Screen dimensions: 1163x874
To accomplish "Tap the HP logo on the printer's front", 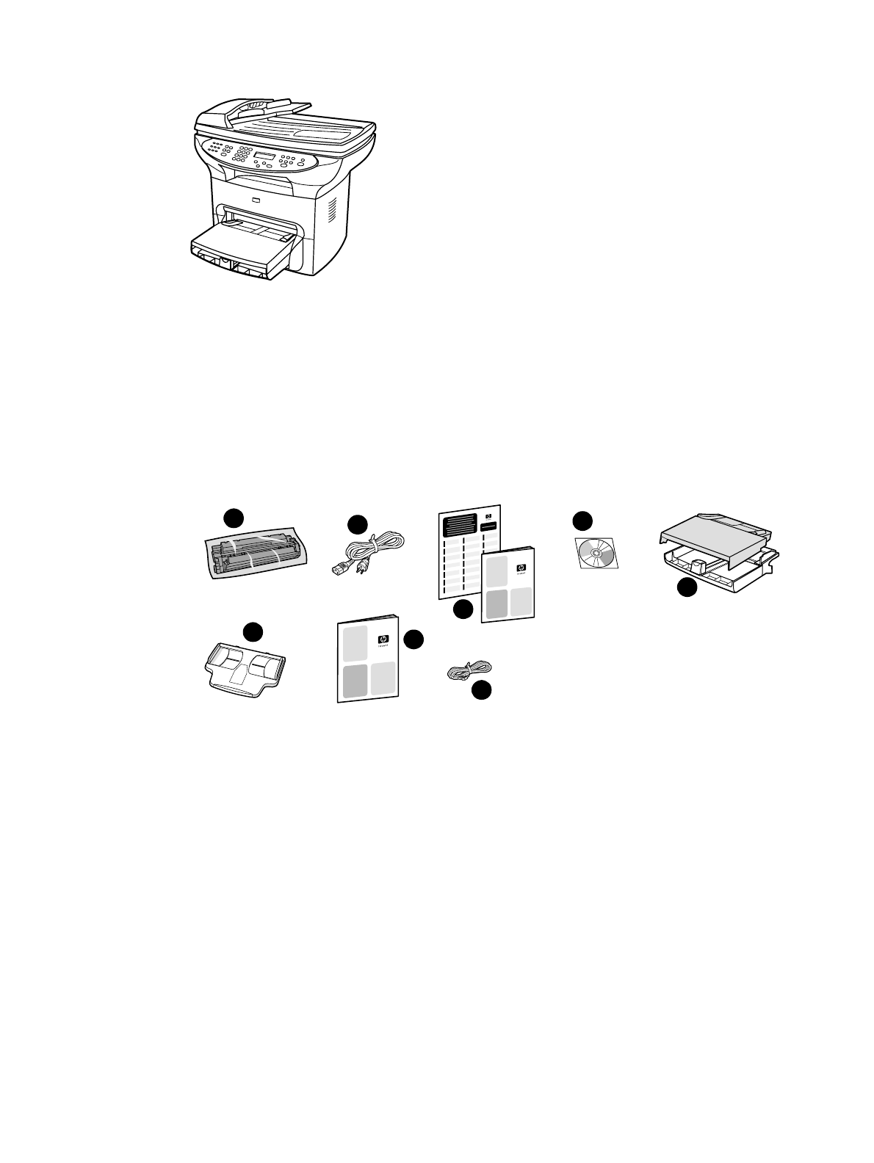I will (x=256, y=200).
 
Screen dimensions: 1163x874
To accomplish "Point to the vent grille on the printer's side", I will (x=331, y=209).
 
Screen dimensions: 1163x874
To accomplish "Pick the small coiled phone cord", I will (x=469, y=670).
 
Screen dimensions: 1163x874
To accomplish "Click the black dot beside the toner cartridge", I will (x=234, y=516).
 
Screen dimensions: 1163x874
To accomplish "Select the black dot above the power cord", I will (x=357, y=524).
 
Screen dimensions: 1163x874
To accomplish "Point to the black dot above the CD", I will (x=582, y=521).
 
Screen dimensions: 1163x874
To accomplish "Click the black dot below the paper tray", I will (x=686, y=587).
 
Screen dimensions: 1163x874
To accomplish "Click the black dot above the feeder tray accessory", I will (x=253, y=632).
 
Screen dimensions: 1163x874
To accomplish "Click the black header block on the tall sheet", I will (x=457, y=526).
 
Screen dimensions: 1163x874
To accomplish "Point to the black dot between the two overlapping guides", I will (x=463, y=609).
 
